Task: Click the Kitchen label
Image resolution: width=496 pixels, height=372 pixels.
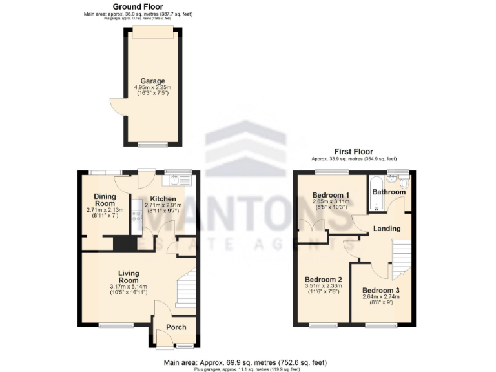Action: click(163, 198)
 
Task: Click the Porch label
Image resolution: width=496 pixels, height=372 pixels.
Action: click(176, 327)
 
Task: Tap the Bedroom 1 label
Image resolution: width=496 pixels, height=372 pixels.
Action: click(331, 195)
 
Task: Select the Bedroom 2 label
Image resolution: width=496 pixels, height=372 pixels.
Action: click(323, 280)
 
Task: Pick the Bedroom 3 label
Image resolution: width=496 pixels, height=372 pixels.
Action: click(380, 289)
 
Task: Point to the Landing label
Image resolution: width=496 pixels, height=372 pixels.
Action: click(387, 229)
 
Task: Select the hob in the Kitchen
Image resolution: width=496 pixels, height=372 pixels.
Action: click(136, 216)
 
